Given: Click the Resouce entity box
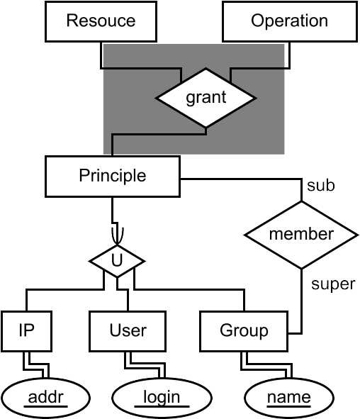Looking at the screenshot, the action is [x=101, y=22].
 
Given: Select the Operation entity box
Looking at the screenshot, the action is [x=290, y=22].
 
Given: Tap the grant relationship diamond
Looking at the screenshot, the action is [x=206, y=98].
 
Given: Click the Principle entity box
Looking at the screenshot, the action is [x=113, y=177].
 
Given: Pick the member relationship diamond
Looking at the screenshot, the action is [x=301, y=235].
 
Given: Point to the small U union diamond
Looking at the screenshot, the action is [x=117, y=261].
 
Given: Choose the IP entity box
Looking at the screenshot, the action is [x=26, y=331].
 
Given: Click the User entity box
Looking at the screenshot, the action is [x=128, y=331].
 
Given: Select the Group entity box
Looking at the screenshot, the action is [x=244, y=331].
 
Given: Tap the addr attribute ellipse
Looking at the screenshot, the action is [x=45, y=398].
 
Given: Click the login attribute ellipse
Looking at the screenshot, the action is [x=162, y=398].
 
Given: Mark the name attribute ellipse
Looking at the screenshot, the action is [x=289, y=398].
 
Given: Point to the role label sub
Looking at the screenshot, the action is [x=321, y=186].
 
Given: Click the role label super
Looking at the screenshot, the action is [x=333, y=284].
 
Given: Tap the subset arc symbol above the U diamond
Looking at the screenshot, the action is [x=118, y=235].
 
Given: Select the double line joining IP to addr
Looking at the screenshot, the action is [x=36, y=367].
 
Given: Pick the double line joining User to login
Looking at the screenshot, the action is [x=145, y=366].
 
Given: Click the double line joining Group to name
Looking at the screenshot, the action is [x=266, y=367].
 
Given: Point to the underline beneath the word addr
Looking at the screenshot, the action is [x=45, y=406].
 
